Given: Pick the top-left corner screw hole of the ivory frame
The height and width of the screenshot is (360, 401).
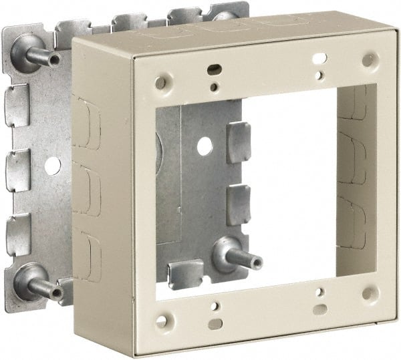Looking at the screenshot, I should [x=160, y=83].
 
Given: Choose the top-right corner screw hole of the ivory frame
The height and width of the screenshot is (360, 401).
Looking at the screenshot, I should [x=368, y=59].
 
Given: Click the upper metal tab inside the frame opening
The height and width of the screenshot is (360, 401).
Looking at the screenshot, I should [x=238, y=142].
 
